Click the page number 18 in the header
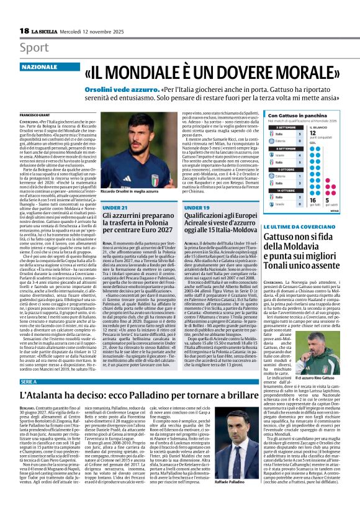tap(24, 30)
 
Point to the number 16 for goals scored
tap(312, 201)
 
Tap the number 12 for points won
tap(313, 132)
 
